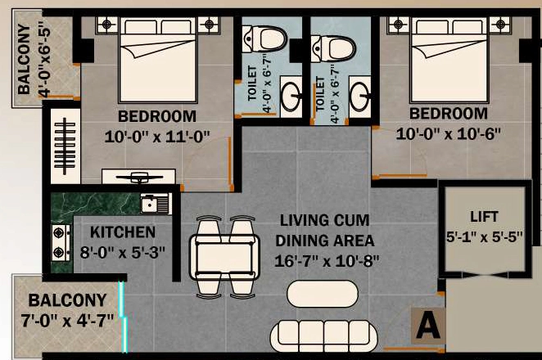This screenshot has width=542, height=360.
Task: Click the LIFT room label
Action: pos(484,217)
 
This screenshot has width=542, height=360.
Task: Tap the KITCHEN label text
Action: pos(123,232)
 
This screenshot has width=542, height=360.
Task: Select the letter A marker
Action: pos(428,326)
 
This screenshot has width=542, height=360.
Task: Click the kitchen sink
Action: pos(156,204)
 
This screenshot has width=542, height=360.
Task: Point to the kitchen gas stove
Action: pos(61,242)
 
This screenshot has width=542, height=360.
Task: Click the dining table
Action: pos(224,256)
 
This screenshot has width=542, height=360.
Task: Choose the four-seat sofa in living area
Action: pos(324,335)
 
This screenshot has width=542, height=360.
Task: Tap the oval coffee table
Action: pos(323,294)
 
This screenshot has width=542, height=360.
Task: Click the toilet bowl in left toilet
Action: pos(264,38)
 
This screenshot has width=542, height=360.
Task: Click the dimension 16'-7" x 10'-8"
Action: pos(327,261)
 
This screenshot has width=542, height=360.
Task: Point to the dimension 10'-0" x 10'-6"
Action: pos(449,133)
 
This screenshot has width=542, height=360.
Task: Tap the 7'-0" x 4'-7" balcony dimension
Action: pos(67,320)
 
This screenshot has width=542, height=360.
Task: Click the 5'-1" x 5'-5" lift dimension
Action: pos(484,237)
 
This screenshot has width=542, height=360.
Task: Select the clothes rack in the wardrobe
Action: pos(65,146)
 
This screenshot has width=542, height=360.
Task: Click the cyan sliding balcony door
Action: pos(124,316)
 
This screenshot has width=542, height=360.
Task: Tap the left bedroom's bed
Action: pos(158,60)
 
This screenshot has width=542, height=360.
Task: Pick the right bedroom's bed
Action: pos(449,60)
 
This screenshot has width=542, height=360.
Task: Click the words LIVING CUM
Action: pos(324,220)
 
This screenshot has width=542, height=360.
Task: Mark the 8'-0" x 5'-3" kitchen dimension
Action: pos(123,253)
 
